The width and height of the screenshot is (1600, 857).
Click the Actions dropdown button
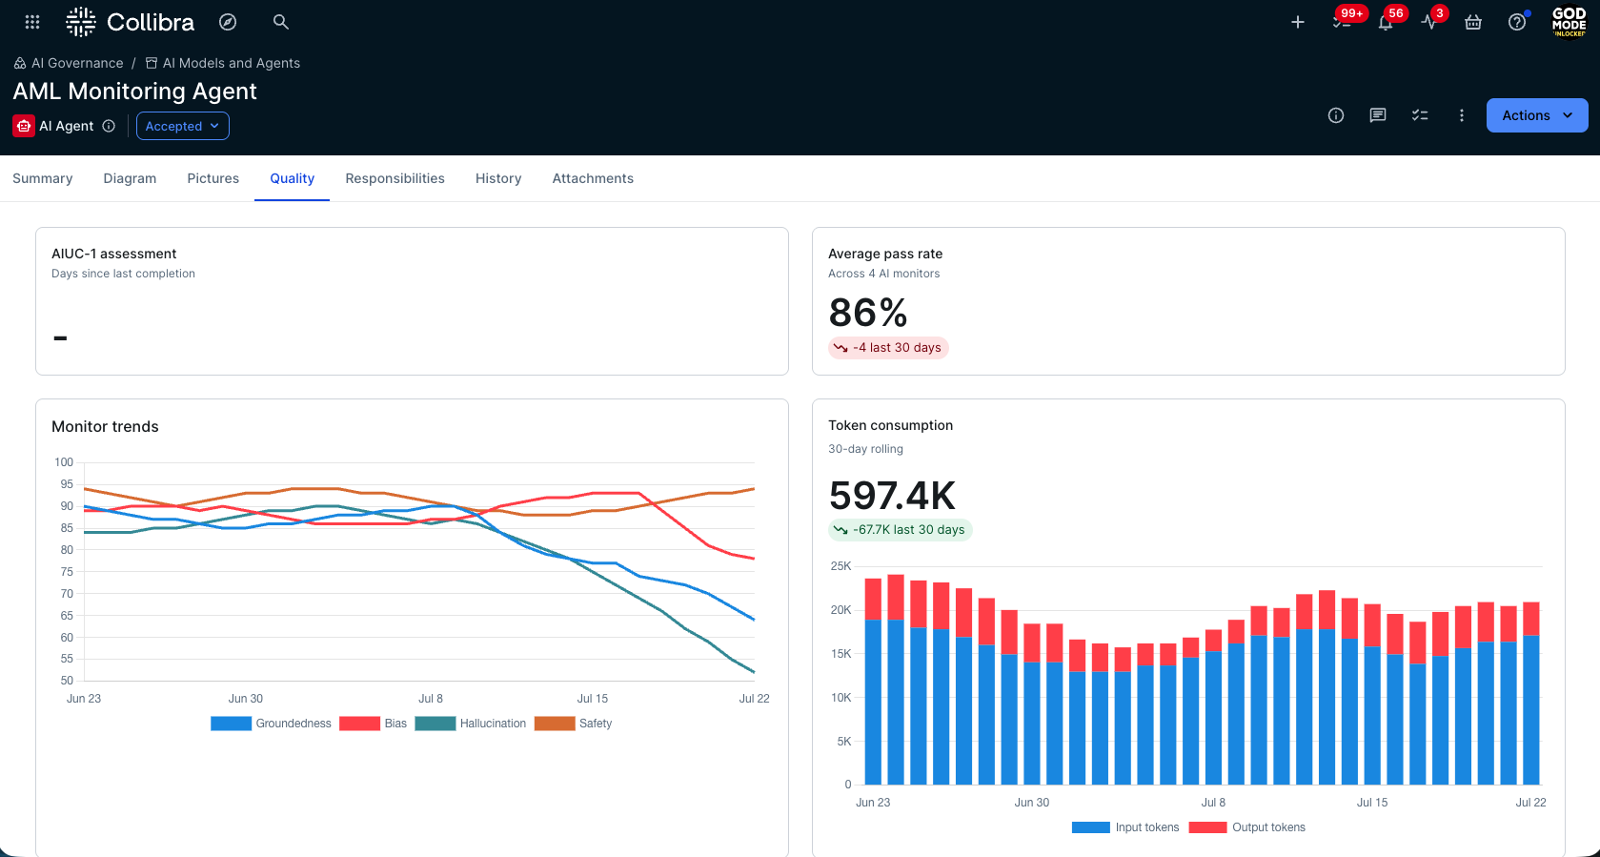tap(1536, 115)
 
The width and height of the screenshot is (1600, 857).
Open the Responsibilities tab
tap(395, 178)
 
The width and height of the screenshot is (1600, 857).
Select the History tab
tap(498, 178)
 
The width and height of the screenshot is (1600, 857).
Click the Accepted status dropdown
tap(183, 126)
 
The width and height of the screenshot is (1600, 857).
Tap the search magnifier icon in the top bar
tap(281, 22)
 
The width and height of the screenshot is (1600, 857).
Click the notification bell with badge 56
tap(1386, 22)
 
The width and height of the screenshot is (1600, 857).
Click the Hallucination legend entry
tap(470, 724)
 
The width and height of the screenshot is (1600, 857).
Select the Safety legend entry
tap(573, 724)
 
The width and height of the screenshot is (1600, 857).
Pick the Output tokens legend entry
tap(1247, 827)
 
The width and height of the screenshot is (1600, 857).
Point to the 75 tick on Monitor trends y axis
tap(66, 572)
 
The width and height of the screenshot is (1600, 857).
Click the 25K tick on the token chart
tap(841, 566)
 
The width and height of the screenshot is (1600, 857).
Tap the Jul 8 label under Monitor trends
tap(431, 699)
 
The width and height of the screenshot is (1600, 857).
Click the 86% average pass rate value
tap(868, 313)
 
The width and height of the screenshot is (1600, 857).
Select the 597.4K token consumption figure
tap(891, 496)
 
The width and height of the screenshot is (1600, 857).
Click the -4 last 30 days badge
tap(888, 348)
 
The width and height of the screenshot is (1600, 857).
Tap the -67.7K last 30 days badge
tap(900, 530)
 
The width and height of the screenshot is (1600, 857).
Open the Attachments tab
tap(593, 178)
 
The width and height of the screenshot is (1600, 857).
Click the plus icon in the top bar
tap(1298, 22)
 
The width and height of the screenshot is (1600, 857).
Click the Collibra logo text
tap(151, 22)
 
